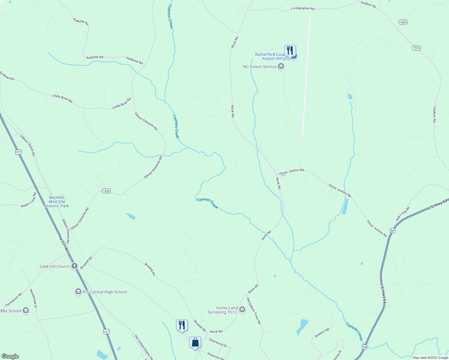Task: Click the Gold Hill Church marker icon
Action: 74,266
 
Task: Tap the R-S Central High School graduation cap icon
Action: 78,292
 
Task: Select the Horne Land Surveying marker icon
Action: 242,310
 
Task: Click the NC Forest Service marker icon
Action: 281,67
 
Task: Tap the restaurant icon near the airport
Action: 290,50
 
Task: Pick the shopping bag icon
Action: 195,342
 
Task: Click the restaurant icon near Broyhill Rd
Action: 182,325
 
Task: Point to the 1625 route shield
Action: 403,22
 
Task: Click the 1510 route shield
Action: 416,48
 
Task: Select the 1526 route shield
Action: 106,191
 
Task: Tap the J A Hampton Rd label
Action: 302,8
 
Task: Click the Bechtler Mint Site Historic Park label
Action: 57,202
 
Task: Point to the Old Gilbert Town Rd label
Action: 254,311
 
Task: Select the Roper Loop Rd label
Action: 29,200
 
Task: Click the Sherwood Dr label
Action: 218,343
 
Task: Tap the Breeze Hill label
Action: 322,333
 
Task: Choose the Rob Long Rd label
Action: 402,214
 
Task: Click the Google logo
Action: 10,356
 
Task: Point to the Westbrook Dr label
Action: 33,298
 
